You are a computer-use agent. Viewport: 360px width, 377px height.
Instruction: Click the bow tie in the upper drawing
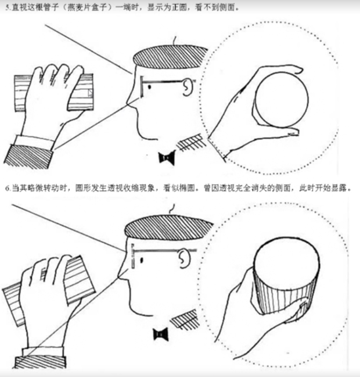point(167,157)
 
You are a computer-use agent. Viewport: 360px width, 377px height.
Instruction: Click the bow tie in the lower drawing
point(161,334)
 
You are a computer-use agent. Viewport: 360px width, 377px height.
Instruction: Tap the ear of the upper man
point(188,88)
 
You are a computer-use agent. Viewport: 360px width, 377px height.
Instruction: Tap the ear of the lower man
point(184,258)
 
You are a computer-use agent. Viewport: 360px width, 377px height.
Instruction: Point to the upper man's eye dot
point(149,86)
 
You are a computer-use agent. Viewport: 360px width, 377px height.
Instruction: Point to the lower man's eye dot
point(141,260)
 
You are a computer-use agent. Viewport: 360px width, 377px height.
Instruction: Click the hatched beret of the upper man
point(170,57)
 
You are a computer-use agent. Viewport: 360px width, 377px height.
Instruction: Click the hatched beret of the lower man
point(168,228)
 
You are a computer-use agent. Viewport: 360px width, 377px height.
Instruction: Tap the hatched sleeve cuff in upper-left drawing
point(29,156)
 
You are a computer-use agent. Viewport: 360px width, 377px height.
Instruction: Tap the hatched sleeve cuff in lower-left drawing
point(40,362)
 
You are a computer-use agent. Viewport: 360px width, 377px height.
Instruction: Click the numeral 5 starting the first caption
point(8,8)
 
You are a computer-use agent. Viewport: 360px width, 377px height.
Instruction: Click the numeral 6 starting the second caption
point(8,188)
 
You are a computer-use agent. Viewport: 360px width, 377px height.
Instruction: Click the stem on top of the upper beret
point(175,41)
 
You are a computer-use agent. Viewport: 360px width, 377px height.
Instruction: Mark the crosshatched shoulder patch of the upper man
point(192,142)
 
